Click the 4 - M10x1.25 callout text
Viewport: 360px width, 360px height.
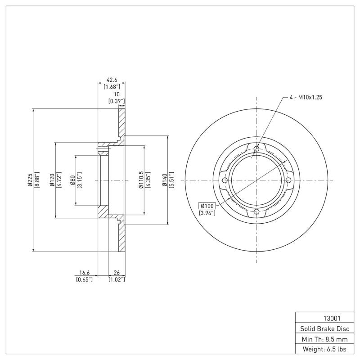[x=306, y=97]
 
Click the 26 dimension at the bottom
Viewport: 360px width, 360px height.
[x=117, y=273]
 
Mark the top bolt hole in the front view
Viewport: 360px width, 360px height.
[x=256, y=148]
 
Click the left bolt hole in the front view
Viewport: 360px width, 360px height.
[x=225, y=180]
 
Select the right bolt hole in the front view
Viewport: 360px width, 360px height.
[x=288, y=180]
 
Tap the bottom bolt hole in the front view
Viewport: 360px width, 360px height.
[x=256, y=212]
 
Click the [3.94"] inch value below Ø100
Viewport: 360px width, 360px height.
[x=207, y=212]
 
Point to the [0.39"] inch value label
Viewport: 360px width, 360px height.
[x=117, y=101]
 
